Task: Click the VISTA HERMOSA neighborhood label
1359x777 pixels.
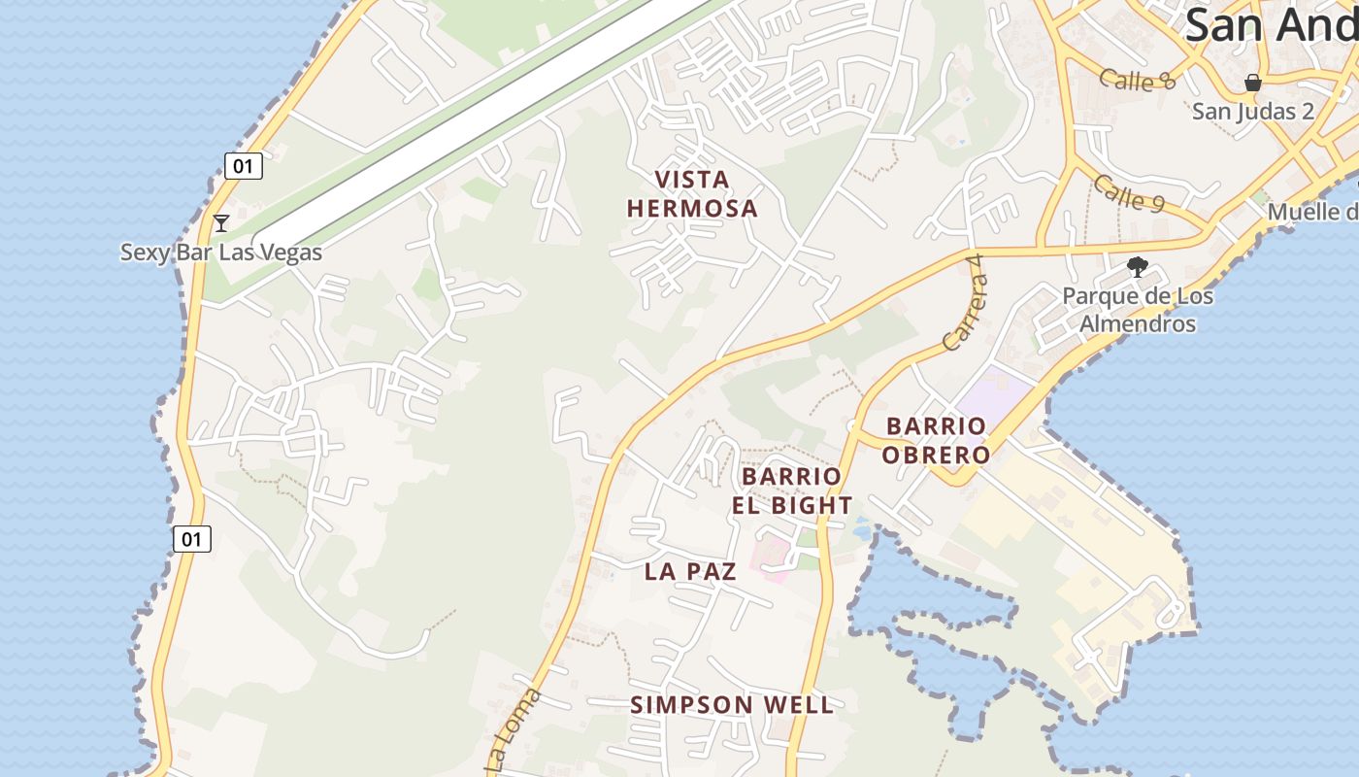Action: [692, 194]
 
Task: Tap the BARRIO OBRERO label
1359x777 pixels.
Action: [937, 440]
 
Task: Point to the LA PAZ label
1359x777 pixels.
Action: [690, 571]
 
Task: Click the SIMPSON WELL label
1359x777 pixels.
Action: [732, 705]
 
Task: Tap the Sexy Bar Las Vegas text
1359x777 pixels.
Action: [220, 253]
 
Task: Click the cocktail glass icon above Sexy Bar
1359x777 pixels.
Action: [221, 223]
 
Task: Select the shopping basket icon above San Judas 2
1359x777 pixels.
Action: [1253, 83]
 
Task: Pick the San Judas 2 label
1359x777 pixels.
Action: [1253, 111]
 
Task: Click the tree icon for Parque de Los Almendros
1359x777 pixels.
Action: [1138, 267]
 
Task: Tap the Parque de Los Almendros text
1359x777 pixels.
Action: [1138, 309]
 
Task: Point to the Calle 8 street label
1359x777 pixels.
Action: [1138, 80]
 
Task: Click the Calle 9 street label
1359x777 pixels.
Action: [1129, 192]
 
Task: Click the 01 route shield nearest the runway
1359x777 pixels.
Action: [243, 166]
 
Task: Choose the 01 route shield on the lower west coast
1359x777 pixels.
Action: [192, 538]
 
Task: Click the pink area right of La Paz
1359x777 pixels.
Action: [774, 557]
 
